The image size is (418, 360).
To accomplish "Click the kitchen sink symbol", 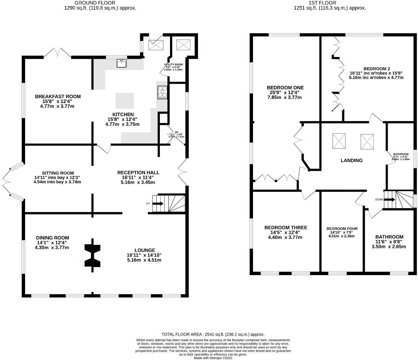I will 121,63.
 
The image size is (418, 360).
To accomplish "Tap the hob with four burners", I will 163,92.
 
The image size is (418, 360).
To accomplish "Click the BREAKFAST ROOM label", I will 58,97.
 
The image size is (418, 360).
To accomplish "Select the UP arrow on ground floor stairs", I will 158,204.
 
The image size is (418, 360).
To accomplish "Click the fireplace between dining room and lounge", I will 92,255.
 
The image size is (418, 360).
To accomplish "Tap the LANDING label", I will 351,160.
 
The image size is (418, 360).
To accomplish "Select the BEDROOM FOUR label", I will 342,229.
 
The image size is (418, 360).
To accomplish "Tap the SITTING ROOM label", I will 58,173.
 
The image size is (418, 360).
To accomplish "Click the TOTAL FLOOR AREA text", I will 213,334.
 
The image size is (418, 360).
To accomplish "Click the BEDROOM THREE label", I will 286,227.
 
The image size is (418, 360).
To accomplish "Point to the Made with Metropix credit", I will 213,358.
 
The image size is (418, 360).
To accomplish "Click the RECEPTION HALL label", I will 138,172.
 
